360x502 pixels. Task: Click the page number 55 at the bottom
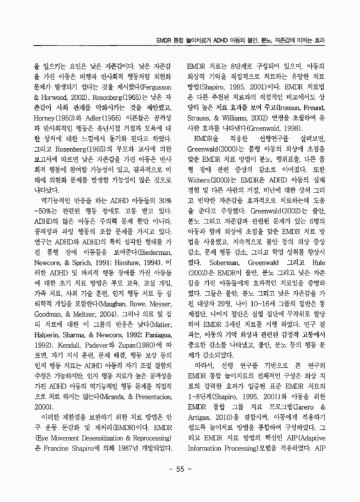pyautogui.click(x=180, y=487)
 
